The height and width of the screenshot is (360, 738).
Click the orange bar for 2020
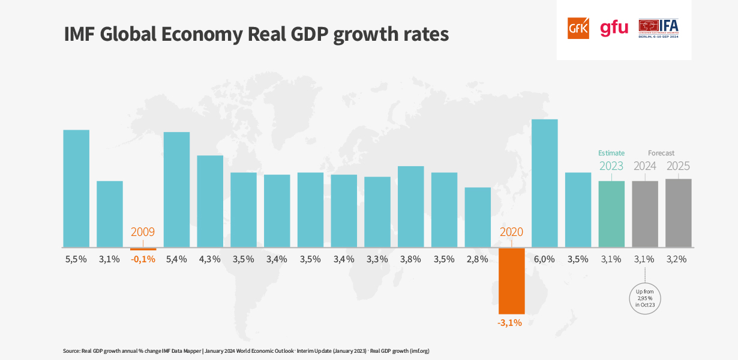(512, 280)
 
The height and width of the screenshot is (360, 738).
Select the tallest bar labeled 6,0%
(545, 183)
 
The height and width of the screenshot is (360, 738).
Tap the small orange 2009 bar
(143, 248)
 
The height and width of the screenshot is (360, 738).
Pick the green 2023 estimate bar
(611, 214)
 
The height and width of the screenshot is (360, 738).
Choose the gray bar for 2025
(679, 212)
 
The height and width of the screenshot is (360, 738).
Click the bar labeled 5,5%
(76, 188)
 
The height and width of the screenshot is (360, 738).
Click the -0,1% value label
(143, 259)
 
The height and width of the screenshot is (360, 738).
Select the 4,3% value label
(210, 259)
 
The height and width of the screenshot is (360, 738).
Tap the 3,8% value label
(411, 259)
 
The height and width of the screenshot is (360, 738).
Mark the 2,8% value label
(478, 259)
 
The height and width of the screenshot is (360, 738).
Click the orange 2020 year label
(511, 232)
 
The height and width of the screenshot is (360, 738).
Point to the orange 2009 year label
(143, 232)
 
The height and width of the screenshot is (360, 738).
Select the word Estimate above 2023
(611, 153)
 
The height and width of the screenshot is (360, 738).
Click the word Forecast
(661, 153)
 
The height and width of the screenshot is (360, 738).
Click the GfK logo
(578, 28)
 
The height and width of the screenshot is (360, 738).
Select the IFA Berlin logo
(658, 28)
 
